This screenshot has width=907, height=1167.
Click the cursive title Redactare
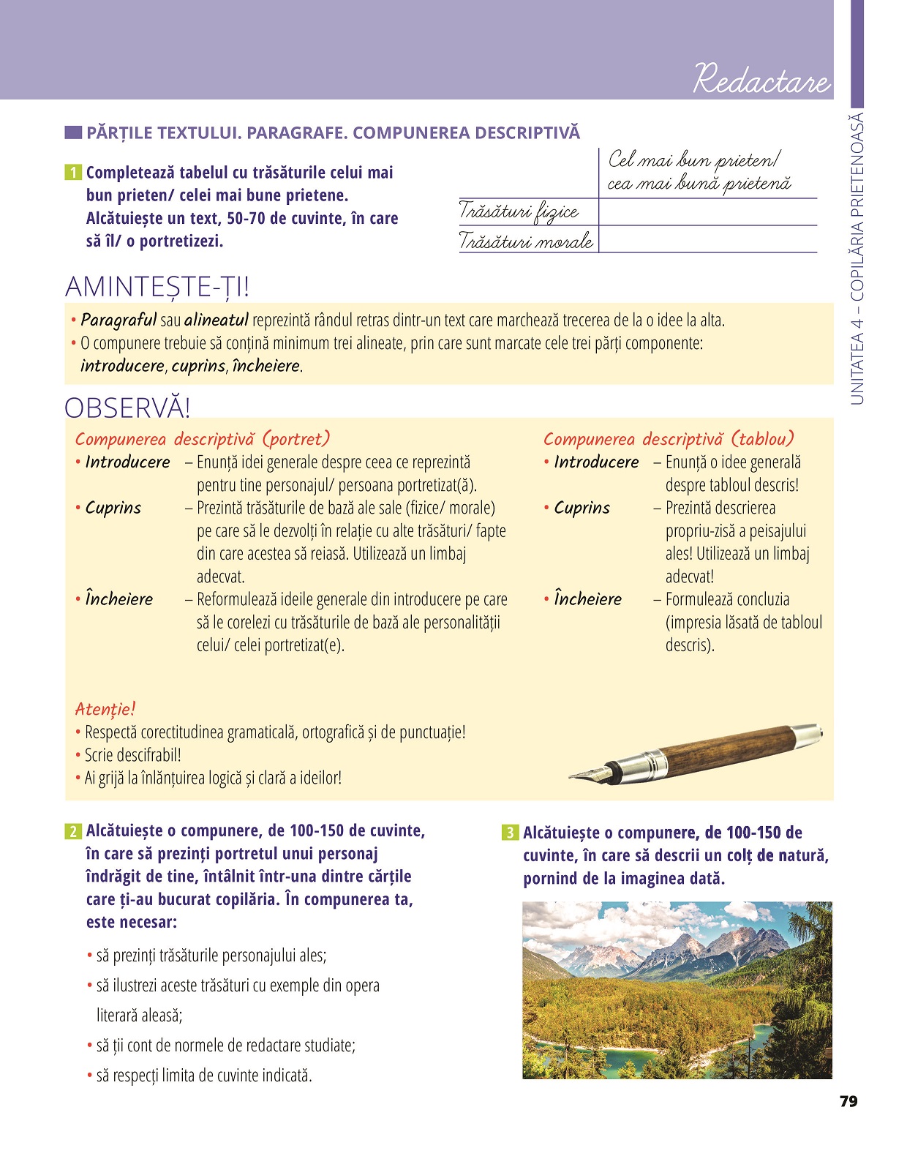[x=761, y=78]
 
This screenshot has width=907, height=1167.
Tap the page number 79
[x=848, y=1101]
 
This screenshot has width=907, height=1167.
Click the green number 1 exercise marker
[x=73, y=173]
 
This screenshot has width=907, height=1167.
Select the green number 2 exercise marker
[x=73, y=831]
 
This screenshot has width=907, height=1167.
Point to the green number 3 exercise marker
[x=510, y=833]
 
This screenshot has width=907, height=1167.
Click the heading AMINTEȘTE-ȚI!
[x=157, y=287]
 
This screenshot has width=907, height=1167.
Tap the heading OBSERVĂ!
[x=127, y=408]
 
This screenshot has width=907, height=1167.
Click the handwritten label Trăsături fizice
[x=519, y=212]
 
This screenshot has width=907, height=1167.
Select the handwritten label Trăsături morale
[x=526, y=240]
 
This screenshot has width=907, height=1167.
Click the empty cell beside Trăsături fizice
[x=707, y=212]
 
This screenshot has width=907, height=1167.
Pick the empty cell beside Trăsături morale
[x=707, y=239]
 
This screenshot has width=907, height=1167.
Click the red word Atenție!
[x=105, y=709]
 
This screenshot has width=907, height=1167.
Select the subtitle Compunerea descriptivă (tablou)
[x=668, y=439]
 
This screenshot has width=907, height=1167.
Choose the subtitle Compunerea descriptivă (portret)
[x=202, y=439]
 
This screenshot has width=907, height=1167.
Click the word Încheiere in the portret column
[x=118, y=598]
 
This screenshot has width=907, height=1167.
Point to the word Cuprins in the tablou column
[x=582, y=508]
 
